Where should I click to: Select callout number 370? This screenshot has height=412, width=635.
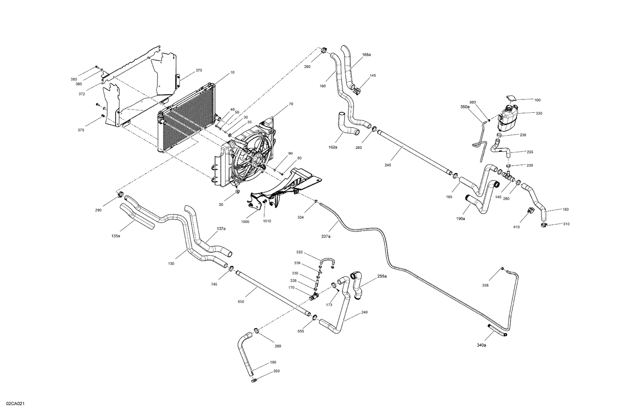[x=199, y=70]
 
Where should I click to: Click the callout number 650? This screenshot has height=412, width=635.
[x=241, y=301]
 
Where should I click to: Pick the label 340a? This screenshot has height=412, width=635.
[x=481, y=345]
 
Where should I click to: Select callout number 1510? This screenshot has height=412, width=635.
[x=267, y=221]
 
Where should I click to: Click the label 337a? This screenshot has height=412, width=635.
[x=326, y=236]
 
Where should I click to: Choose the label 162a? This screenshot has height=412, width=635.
[x=333, y=147]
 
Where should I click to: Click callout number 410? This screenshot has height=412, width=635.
[x=516, y=227]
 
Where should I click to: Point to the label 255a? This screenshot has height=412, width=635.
[x=382, y=276]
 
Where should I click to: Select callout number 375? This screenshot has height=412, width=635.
[x=80, y=130]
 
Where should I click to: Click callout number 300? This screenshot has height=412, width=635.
[x=276, y=371]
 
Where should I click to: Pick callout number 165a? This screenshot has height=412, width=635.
[x=366, y=55]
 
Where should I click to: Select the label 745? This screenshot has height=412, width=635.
[x=214, y=284]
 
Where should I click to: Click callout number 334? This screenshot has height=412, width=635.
[x=300, y=217]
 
